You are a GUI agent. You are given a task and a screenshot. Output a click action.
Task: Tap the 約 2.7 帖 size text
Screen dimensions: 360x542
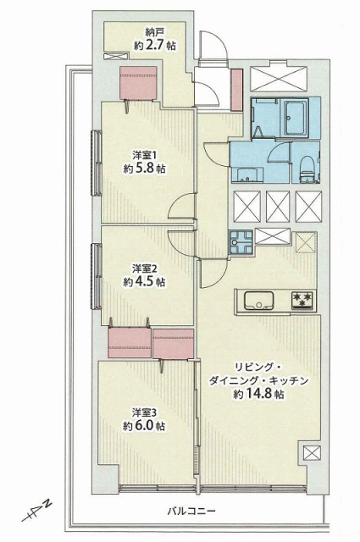coord(154,45)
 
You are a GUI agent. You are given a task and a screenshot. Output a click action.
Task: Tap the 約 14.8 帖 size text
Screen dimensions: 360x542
coord(258,394)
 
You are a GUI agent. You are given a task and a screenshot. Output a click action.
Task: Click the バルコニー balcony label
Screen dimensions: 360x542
coord(191,511)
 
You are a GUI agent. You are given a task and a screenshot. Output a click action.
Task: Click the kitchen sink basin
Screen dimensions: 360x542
coord(258,300)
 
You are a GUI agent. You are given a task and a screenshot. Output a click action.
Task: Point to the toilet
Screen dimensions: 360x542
coord(306,169)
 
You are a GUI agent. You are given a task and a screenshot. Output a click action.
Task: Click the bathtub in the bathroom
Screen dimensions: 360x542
coord(296,118)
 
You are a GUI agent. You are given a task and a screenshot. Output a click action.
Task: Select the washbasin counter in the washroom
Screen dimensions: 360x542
coord(247,174)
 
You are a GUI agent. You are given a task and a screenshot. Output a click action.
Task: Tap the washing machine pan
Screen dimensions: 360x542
coord(241,242)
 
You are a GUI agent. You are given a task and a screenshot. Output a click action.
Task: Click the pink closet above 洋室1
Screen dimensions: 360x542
coord(138,83)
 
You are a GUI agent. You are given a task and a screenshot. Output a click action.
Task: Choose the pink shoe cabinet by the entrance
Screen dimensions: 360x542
coord(236,90)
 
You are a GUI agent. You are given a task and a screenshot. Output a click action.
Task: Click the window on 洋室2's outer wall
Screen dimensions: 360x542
coord(97,276)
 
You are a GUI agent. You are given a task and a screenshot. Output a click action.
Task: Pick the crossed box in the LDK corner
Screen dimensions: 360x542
coord(312,452)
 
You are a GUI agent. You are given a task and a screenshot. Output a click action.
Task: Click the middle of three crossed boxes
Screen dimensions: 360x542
coord(278,206)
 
